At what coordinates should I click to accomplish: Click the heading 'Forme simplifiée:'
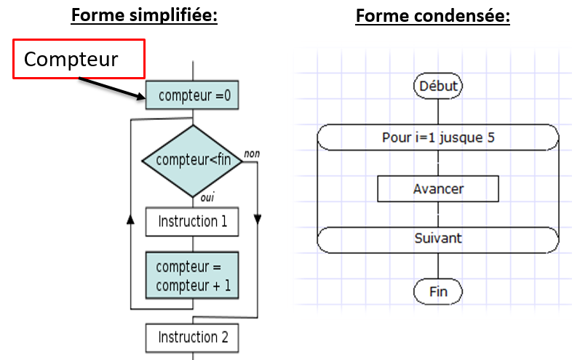[x=144, y=16]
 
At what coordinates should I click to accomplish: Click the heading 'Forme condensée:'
[x=433, y=16]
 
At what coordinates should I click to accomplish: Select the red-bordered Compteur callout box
[x=79, y=59]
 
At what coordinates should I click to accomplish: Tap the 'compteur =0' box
[x=192, y=95]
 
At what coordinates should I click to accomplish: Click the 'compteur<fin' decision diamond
[x=192, y=161]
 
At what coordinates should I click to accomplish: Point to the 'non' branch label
[x=252, y=153]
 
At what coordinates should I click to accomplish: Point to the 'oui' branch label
[x=207, y=197]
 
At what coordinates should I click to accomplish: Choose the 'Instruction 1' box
[x=192, y=222]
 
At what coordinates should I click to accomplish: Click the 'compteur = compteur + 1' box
[x=192, y=276]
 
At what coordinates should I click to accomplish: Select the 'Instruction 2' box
[x=192, y=337]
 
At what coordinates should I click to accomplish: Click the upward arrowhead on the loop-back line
[x=130, y=219]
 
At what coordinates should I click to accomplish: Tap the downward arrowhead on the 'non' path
[x=258, y=220]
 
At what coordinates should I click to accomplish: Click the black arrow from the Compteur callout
[x=112, y=88]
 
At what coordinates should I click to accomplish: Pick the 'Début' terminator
[x=438, y=86]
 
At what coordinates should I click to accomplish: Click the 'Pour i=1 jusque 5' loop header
[x=438, y=137]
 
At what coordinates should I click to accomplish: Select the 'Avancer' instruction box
[x=438, y=189]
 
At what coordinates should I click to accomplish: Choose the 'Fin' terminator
[x=438, y=292]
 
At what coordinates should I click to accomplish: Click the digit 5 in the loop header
[x=490, y=137]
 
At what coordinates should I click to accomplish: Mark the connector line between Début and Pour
[x=438, y=111]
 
